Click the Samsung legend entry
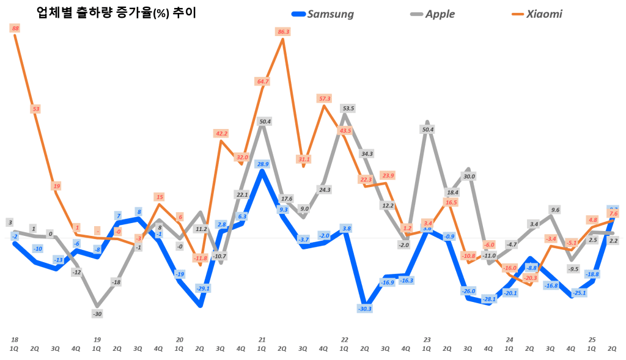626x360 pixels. point(323,13)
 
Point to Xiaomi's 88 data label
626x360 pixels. point(15,28)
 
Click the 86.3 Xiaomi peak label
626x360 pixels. point(283,31)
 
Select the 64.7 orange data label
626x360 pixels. point(263,81)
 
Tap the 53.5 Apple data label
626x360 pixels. point(348,108)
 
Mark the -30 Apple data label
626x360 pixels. point(97,313)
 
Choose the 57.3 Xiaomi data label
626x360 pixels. point(324,98)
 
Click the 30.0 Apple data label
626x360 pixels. point(469,176)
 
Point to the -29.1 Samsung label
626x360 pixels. point(203,288)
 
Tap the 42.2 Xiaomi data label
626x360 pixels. point(221,133)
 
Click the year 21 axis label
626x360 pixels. point(262,339)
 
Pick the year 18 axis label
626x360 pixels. point(15,339)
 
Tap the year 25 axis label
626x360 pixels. point(592,339)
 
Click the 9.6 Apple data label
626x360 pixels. point(555,210)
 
